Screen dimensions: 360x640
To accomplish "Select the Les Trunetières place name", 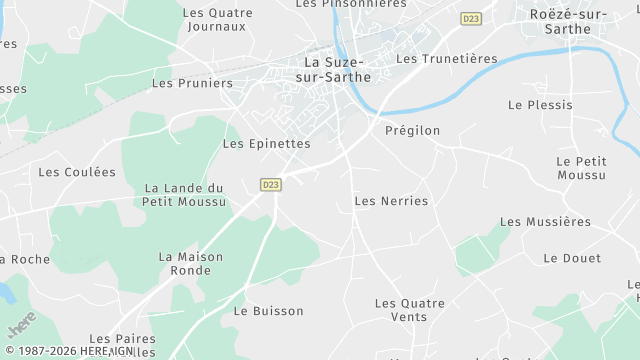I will click(x=446, y=59).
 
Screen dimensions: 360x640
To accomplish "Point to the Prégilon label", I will click(x=412, y=131).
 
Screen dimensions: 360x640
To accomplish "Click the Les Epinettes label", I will click(x=266, y=144).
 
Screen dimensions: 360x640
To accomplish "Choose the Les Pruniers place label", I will click(x=192, y=83).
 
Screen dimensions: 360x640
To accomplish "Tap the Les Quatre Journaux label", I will click(x=217, y=20).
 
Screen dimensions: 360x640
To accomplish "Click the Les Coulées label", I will click(x=77, y=172).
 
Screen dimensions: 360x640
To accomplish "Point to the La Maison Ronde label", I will click(x=191, y=264).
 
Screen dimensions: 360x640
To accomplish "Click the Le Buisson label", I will click(x=268, y=311).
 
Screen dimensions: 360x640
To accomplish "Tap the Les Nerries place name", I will click(x=391, y=201).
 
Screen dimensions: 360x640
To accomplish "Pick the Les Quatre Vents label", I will click(x=400, y=310).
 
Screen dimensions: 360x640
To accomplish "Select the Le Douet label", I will click(x=572, y=258).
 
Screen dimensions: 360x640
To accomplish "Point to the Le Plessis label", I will click(x=540, y=105).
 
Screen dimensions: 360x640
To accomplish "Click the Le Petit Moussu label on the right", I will click(x=581, y=168).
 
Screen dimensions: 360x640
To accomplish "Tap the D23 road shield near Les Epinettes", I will click(x=270, y=185).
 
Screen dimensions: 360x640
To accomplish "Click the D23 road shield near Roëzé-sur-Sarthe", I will click(x=471, y=19).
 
